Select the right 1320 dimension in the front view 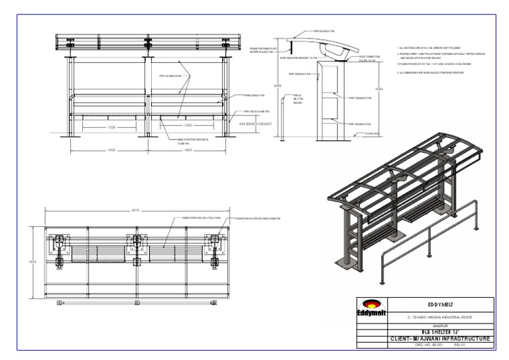point(188,125)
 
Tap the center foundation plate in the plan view point(137,244)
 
